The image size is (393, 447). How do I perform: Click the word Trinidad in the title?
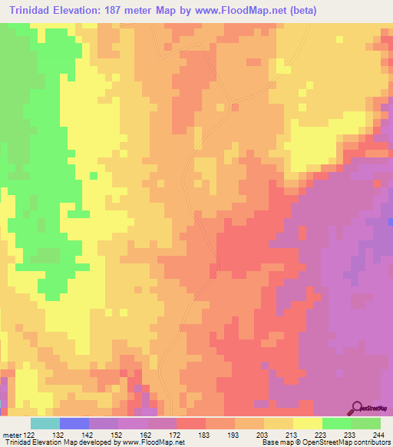(x=33, y=11)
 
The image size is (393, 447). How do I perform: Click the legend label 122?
(x=29, y=434)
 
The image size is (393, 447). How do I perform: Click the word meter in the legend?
(x=10, y=434)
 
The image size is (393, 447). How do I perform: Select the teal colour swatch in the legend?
(x=45, y=423)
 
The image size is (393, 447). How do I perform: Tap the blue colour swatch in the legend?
(x=74, y=423)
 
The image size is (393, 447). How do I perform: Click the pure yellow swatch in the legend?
(x=307, y=423)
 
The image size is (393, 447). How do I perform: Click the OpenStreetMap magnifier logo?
(x=356, y=407)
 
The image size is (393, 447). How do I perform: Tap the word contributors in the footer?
(x=372, y=442)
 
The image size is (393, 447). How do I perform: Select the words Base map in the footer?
(x=272, y=442)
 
